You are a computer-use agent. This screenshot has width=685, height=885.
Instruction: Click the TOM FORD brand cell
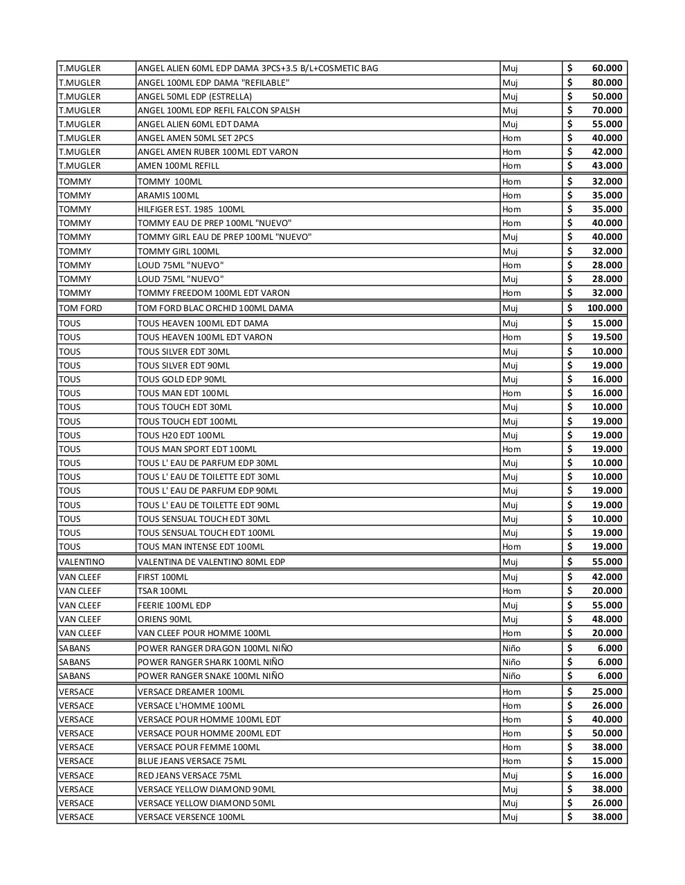[80, 308]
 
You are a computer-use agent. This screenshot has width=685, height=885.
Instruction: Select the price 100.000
[604, 308]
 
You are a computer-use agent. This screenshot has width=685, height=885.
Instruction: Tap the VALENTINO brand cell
[82, 562]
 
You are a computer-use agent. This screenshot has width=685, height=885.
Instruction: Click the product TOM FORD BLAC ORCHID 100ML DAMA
[215, 308]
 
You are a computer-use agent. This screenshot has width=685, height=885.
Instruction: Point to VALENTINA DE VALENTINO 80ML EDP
[211, 562]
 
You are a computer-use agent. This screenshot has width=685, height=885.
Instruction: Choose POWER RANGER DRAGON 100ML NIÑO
[215, 649]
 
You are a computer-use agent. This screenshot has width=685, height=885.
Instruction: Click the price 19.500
[607, 337]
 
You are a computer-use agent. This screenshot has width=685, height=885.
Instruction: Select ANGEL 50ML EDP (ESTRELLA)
[194, 97]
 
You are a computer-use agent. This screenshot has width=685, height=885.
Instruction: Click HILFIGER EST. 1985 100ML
[191, 209]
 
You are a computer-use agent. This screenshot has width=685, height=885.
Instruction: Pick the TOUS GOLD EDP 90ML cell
[182, 380]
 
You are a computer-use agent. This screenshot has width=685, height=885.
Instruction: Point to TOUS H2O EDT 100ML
[181, 436]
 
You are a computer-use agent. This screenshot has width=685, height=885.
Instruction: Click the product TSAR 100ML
[163, 591]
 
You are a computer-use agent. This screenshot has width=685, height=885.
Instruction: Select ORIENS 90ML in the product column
[165, 619]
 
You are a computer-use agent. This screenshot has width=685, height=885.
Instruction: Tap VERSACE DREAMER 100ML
[191, 692]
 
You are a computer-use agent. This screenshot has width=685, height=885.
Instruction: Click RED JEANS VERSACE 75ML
[190, 776]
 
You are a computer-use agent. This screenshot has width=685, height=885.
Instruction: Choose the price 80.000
[607, 83]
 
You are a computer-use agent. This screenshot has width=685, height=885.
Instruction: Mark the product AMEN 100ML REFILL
[179, 166]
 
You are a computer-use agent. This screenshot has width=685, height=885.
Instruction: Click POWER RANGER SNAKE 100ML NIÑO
[210, 676]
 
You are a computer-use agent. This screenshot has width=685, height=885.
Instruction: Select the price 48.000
[607, 619]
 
